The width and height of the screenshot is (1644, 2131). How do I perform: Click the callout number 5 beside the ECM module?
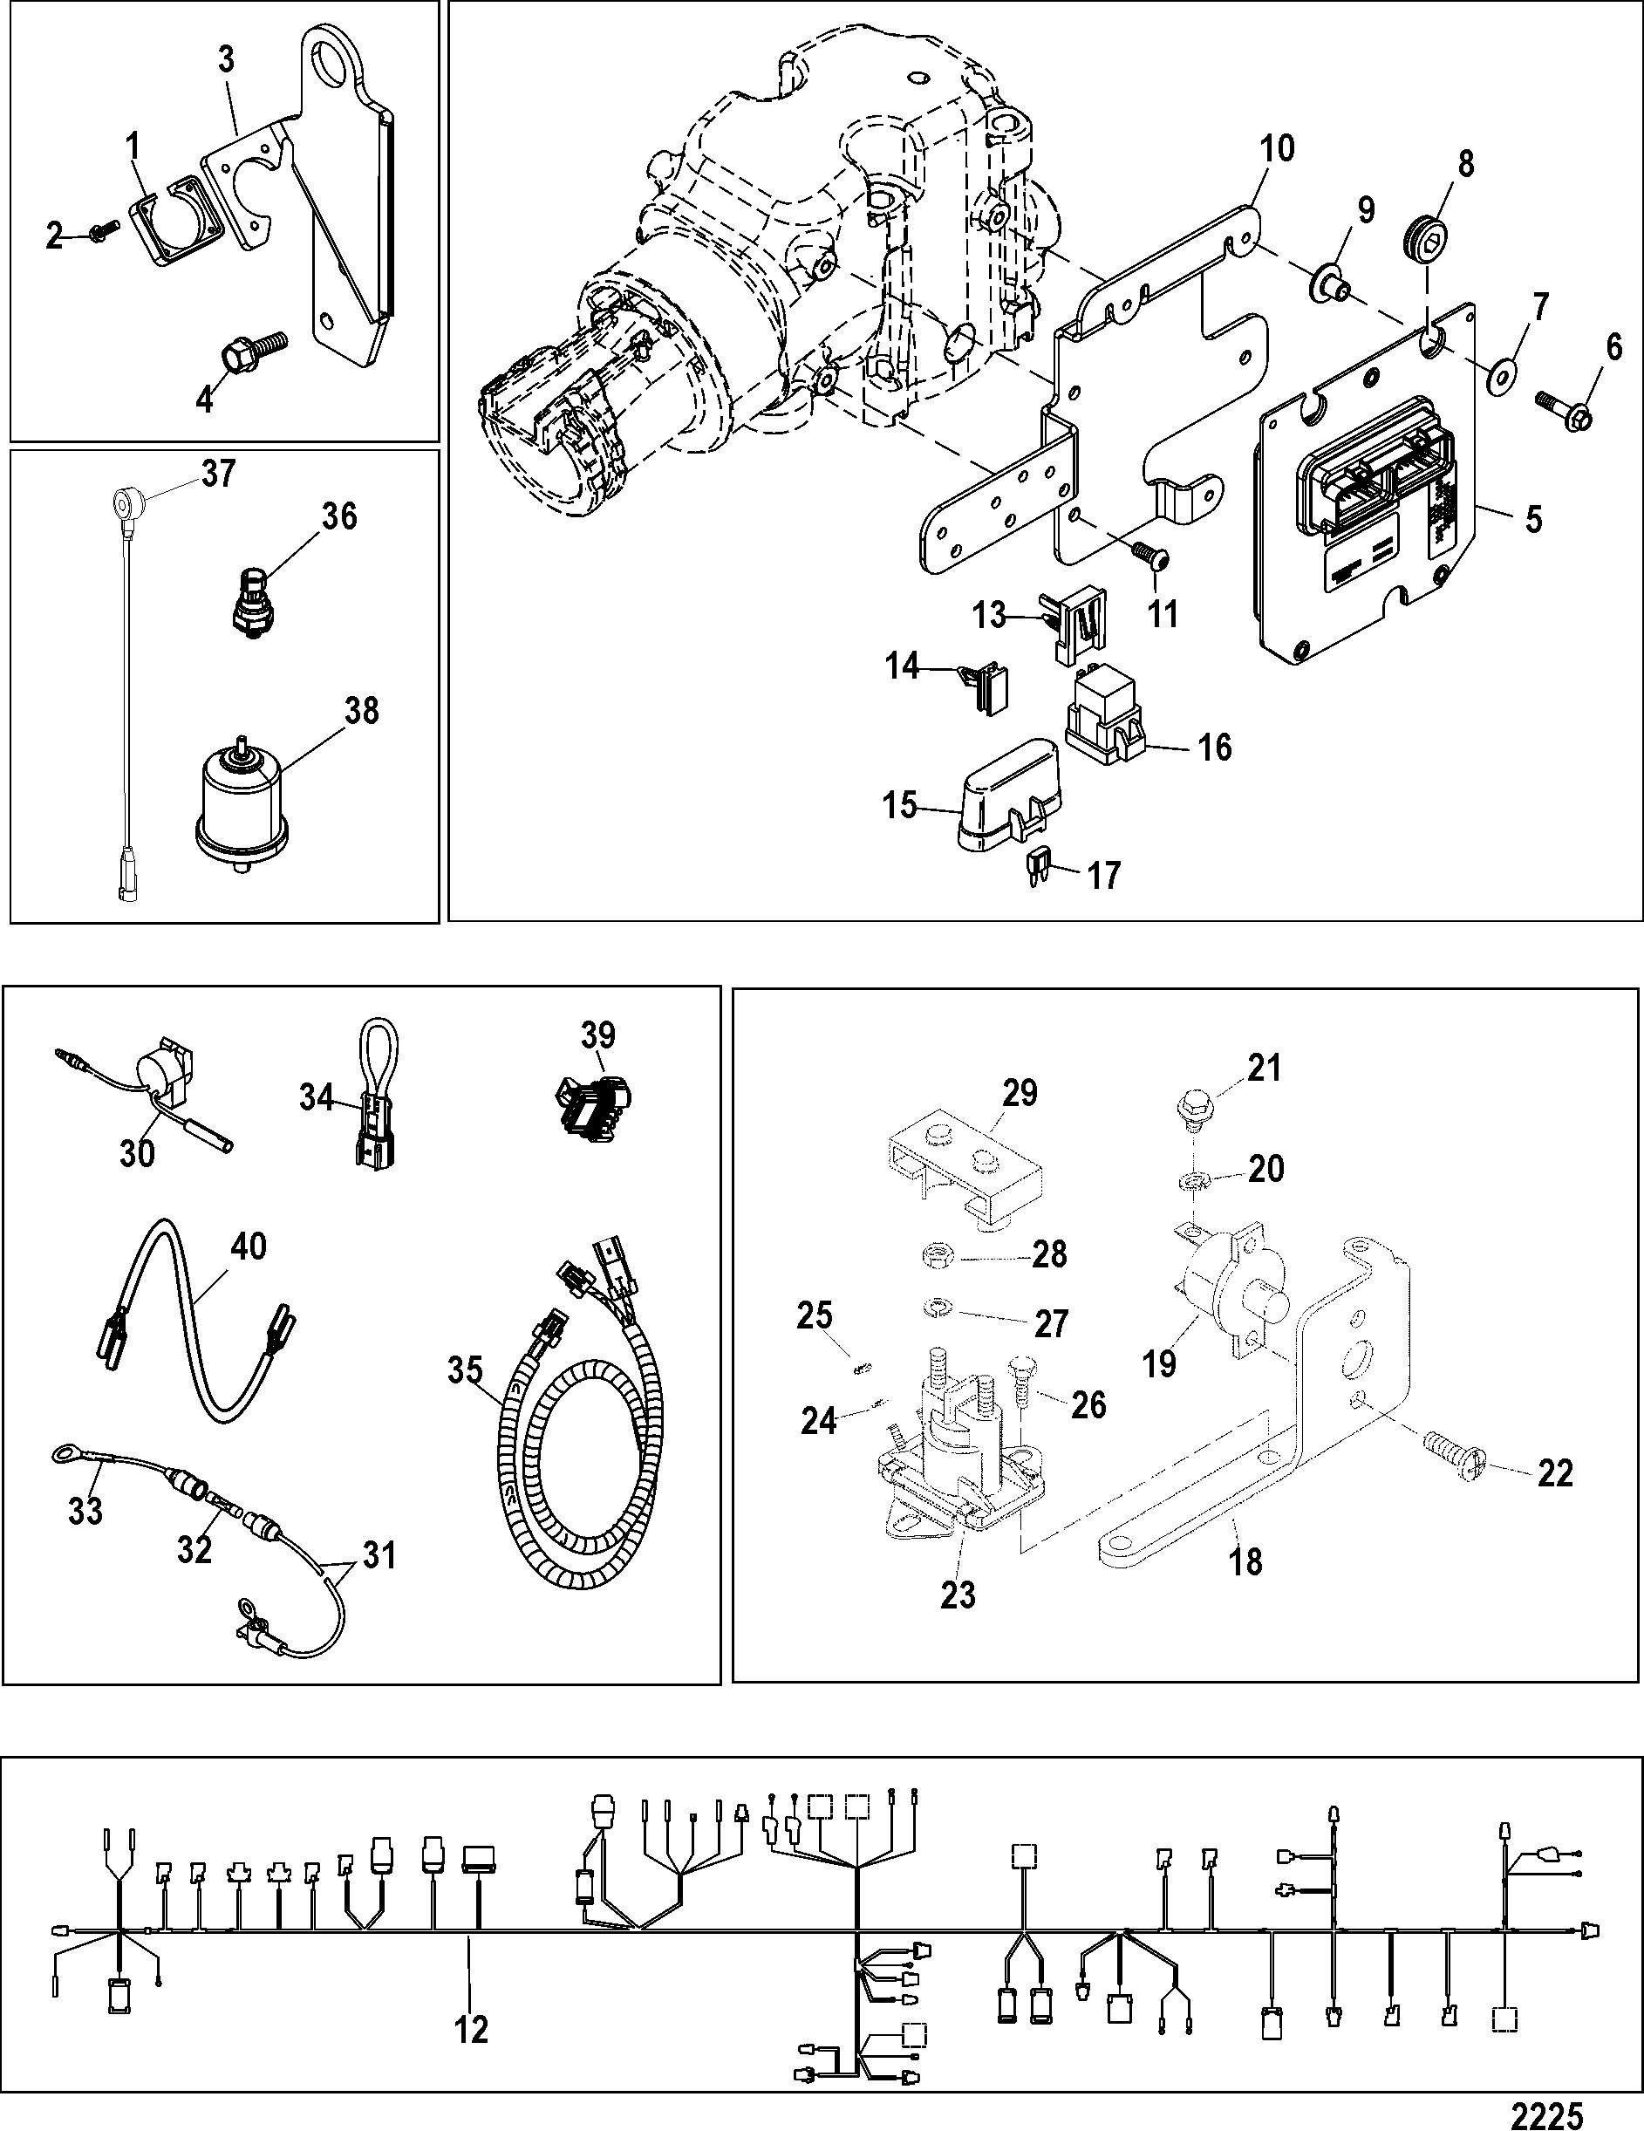1534,519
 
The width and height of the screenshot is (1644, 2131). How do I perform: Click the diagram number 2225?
1546,2113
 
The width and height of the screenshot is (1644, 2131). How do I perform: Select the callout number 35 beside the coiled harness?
466,1371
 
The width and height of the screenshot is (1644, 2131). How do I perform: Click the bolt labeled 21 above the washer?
1186,1110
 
